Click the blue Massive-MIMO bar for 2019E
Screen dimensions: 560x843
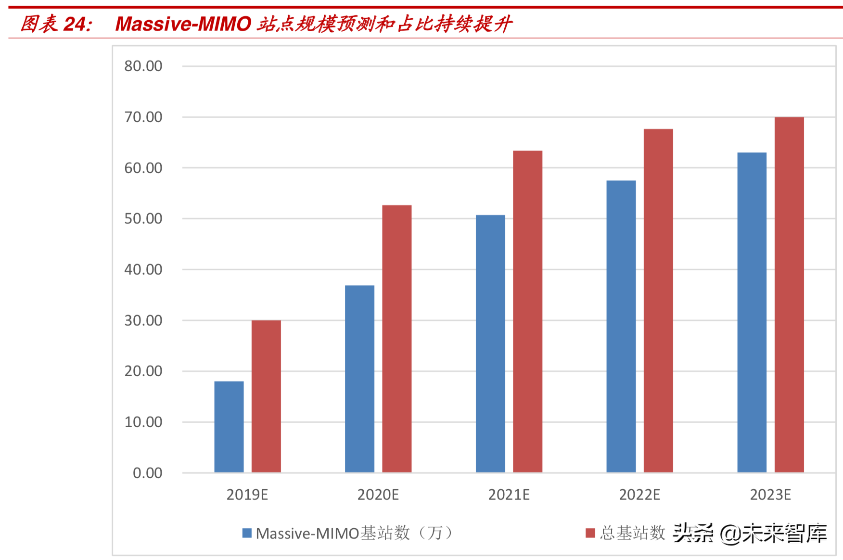pyautogui.click(x=229, y=427)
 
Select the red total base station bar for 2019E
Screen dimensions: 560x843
pyautogui.click(x=266, y=396)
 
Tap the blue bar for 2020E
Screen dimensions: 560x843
pyautogui.click(x=359, y=379)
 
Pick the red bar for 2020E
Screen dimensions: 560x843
pyautogui.click(x=397, y=339)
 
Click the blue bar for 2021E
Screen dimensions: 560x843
pyautogui.click(x=490, y=344)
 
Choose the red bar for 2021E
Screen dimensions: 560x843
pyautogui.click(x=527, y=311)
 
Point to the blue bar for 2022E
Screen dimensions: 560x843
pyautogui.click(x=621, y=326)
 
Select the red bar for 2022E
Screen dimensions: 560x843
pyautogui.click(x=658, y=300)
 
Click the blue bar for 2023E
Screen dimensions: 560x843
pyautogui.click(x=752, y=312)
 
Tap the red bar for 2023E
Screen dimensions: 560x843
pyautogui.click(x=789, y=294)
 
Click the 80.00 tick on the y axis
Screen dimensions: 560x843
pyautogui.click(x=143, y=66)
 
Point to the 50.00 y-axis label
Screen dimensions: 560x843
pyautogui.click(x=143, y=218)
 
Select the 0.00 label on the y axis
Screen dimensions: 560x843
pyautogui.click(x=147, y=473)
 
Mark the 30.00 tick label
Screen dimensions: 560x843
pyautogui.click(x=143, y=320)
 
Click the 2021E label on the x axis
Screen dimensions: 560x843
pyautogui.click(x=509, y=495)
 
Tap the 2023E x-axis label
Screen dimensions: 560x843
pyautogui.click(x=770, y=495)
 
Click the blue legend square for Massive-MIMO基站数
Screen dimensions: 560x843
pyautogui.click(x=247, y=533)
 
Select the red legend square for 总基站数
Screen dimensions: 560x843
pyautogui.click(x=590, y=533)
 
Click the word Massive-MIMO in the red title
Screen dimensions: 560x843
pyautogui.click(x=183, y=24)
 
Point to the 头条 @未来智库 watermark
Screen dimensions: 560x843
pyautogui.click(x=750, y=533)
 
